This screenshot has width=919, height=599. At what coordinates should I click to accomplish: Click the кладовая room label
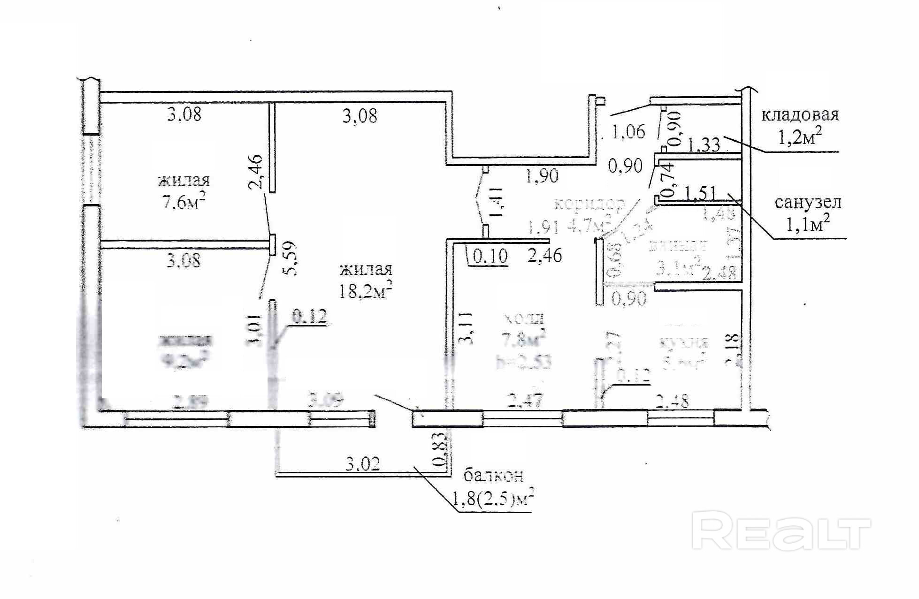pyautogui.click(x=800, y=115)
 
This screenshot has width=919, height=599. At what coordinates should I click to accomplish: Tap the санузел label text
pyautogui.click(x=808, y=203)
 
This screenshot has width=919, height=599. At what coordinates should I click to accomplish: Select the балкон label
pyautogui.click(x=493, y=476)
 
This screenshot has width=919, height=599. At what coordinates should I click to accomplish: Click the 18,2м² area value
pyautogui.click(x=366, y=292)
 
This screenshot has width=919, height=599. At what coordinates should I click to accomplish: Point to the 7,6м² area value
pyautogui.click(x=184, y=203)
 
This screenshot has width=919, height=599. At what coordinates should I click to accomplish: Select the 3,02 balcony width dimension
pyautogui.click(x=362, y=464)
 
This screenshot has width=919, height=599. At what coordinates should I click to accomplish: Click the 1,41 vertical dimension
pyautogui.click(x=497, y=202)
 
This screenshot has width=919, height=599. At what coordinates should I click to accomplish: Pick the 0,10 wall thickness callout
pyautogui.click(x=490, y=256)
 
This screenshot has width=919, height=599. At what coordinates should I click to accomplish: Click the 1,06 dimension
pyautogui.click(x=629, y=132)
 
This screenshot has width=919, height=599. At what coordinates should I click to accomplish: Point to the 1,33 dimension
pyautogui.click(x=704, y=144)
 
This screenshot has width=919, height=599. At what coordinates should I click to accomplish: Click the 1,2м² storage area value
pyautogui.click(x=800, y=137)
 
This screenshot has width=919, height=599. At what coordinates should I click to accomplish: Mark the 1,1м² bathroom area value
pyautogui.click(x=807, y=225)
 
